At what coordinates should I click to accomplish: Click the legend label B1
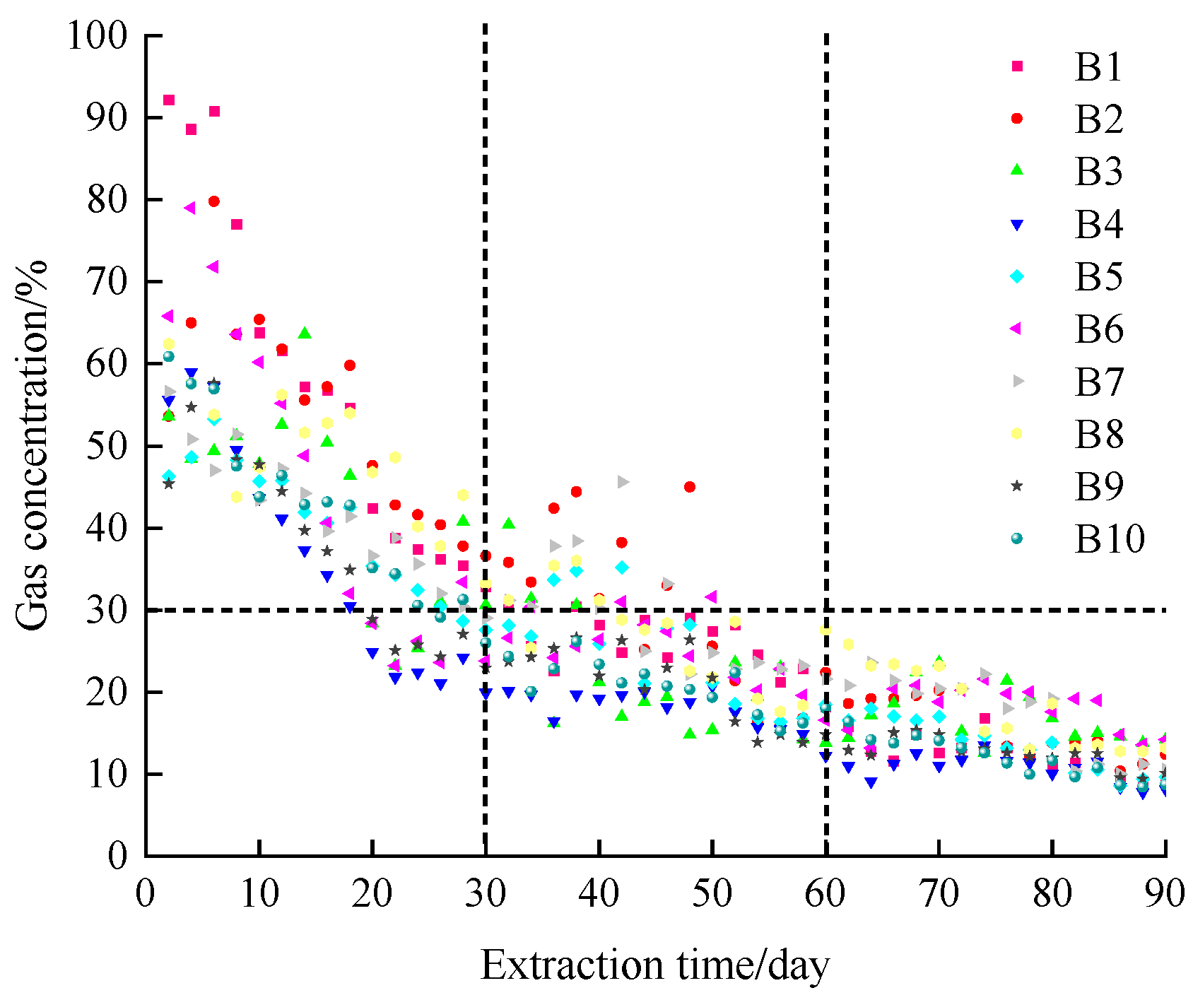point(1098,67)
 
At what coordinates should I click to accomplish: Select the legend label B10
point(1109,539)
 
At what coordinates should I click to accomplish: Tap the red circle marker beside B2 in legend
point(1017,118)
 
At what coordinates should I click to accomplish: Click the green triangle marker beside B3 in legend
point(1017,170)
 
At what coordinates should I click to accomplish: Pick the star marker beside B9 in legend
point(1017,486)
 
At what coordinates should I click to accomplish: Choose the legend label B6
point(1098,329)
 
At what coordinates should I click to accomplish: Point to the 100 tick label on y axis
point(97,35)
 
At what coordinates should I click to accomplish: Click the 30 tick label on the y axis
point(106,610)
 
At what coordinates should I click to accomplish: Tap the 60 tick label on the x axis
point(825,893)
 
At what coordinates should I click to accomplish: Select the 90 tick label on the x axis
point(1165,893)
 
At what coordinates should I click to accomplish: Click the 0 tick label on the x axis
point(145,893)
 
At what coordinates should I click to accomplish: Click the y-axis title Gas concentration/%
point(33,445)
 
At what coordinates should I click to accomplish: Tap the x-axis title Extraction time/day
point(654,965)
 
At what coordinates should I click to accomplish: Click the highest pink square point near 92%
point(169,100)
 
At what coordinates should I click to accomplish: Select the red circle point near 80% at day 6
point(214,201)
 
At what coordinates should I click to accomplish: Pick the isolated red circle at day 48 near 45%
point(690,487)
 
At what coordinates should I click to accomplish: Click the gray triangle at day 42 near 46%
point(623,482)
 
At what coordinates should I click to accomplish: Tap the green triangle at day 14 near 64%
point(305,333)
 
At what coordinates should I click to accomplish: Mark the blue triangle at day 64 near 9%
point(871,782)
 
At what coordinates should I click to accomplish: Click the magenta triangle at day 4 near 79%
point(189,208)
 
